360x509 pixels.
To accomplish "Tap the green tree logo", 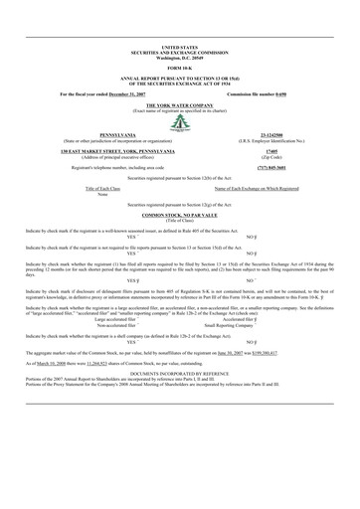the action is (x=180, y=123).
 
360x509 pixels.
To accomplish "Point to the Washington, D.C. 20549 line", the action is (x=180, y=55).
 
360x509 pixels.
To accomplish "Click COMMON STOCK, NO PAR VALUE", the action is (x=180, y=215).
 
